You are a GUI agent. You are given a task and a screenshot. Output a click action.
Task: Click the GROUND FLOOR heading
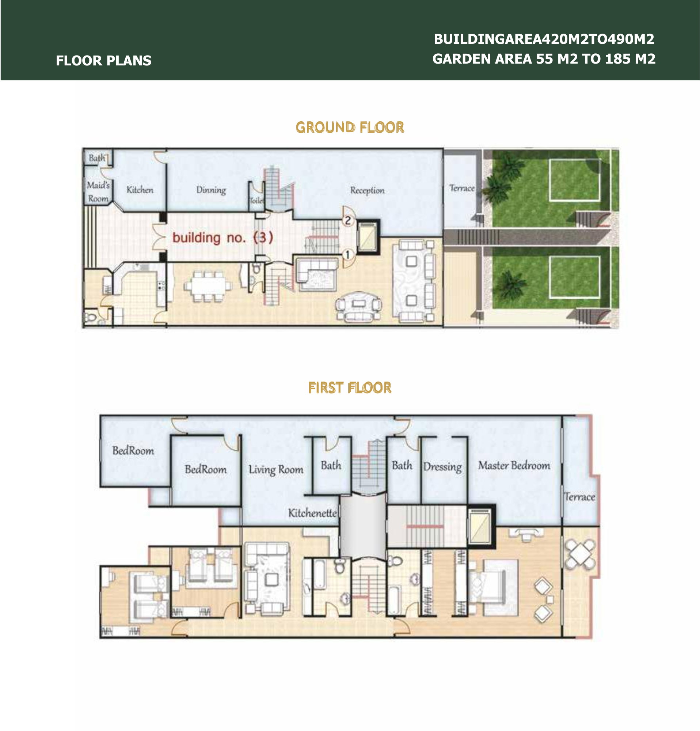coord(350,127)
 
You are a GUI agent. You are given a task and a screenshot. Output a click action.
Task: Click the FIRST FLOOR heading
coord(350,388)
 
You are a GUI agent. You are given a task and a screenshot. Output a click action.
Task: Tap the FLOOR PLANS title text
coord(104,60)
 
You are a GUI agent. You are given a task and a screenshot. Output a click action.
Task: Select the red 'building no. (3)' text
coord(222,238)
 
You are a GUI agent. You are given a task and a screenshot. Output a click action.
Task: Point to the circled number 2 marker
coord(348,220)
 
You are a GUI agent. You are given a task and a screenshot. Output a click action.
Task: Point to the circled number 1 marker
coord(348,255)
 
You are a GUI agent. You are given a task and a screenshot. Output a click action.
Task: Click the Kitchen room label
coord(140,190)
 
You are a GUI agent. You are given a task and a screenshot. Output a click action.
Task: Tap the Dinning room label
coord(211,190)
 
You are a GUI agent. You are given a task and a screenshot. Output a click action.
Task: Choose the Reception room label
coord(367,190)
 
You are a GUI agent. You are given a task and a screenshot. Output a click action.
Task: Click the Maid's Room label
coord(98,192)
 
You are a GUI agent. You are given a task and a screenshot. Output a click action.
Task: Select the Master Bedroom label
coord(514,465)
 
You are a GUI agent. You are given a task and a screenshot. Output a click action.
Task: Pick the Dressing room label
coord(442,467)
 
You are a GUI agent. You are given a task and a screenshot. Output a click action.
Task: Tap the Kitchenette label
coord(312,513)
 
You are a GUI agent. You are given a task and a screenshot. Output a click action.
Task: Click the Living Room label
coord(276,470)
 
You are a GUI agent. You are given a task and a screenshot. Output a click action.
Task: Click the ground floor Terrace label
coord(462,188)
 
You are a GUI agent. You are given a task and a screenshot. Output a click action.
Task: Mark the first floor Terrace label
coord(579,497)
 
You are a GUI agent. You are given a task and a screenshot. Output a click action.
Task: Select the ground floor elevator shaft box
coord(368,237)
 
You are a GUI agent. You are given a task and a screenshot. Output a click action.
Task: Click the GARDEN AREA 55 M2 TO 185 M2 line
coord(544,59)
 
